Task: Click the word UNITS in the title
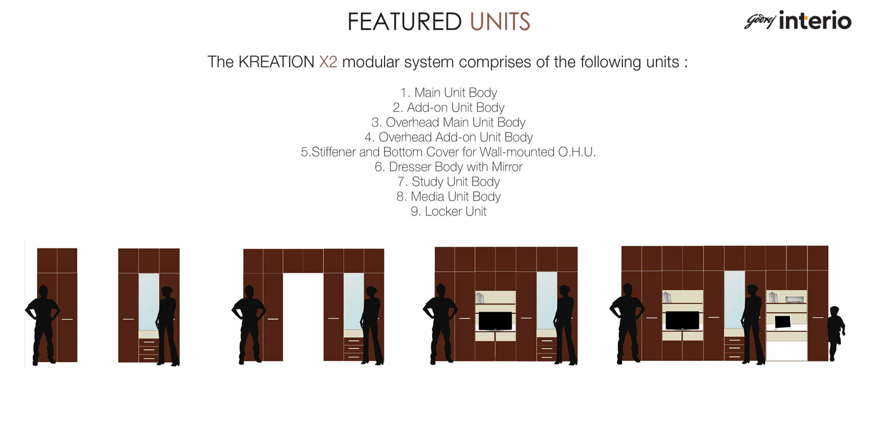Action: coord(500,22)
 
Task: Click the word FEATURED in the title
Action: coord(404,22)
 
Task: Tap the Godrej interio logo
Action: coord(797,20)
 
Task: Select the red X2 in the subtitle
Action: coord(328,62)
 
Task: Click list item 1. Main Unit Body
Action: coord(448,93)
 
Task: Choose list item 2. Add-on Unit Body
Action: coord(448,108)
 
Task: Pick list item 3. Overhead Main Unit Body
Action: coord(448,122)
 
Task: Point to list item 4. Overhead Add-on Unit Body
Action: coord(448,137)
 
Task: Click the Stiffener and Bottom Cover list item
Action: coord(448,152)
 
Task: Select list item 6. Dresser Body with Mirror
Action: coord(448,167)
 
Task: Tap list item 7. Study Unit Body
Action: coord(448,181)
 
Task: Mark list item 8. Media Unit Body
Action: coord(448,196)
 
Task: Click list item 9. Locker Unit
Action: coord(448,211)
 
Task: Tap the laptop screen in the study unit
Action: coord(782,321)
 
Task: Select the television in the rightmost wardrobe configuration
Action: coord(683,320)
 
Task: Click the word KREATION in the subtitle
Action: coord(276,62)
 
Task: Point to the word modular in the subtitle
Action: coord(371,62)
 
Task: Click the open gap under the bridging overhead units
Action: coord(303,317)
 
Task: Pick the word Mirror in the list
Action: coord(507,167)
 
